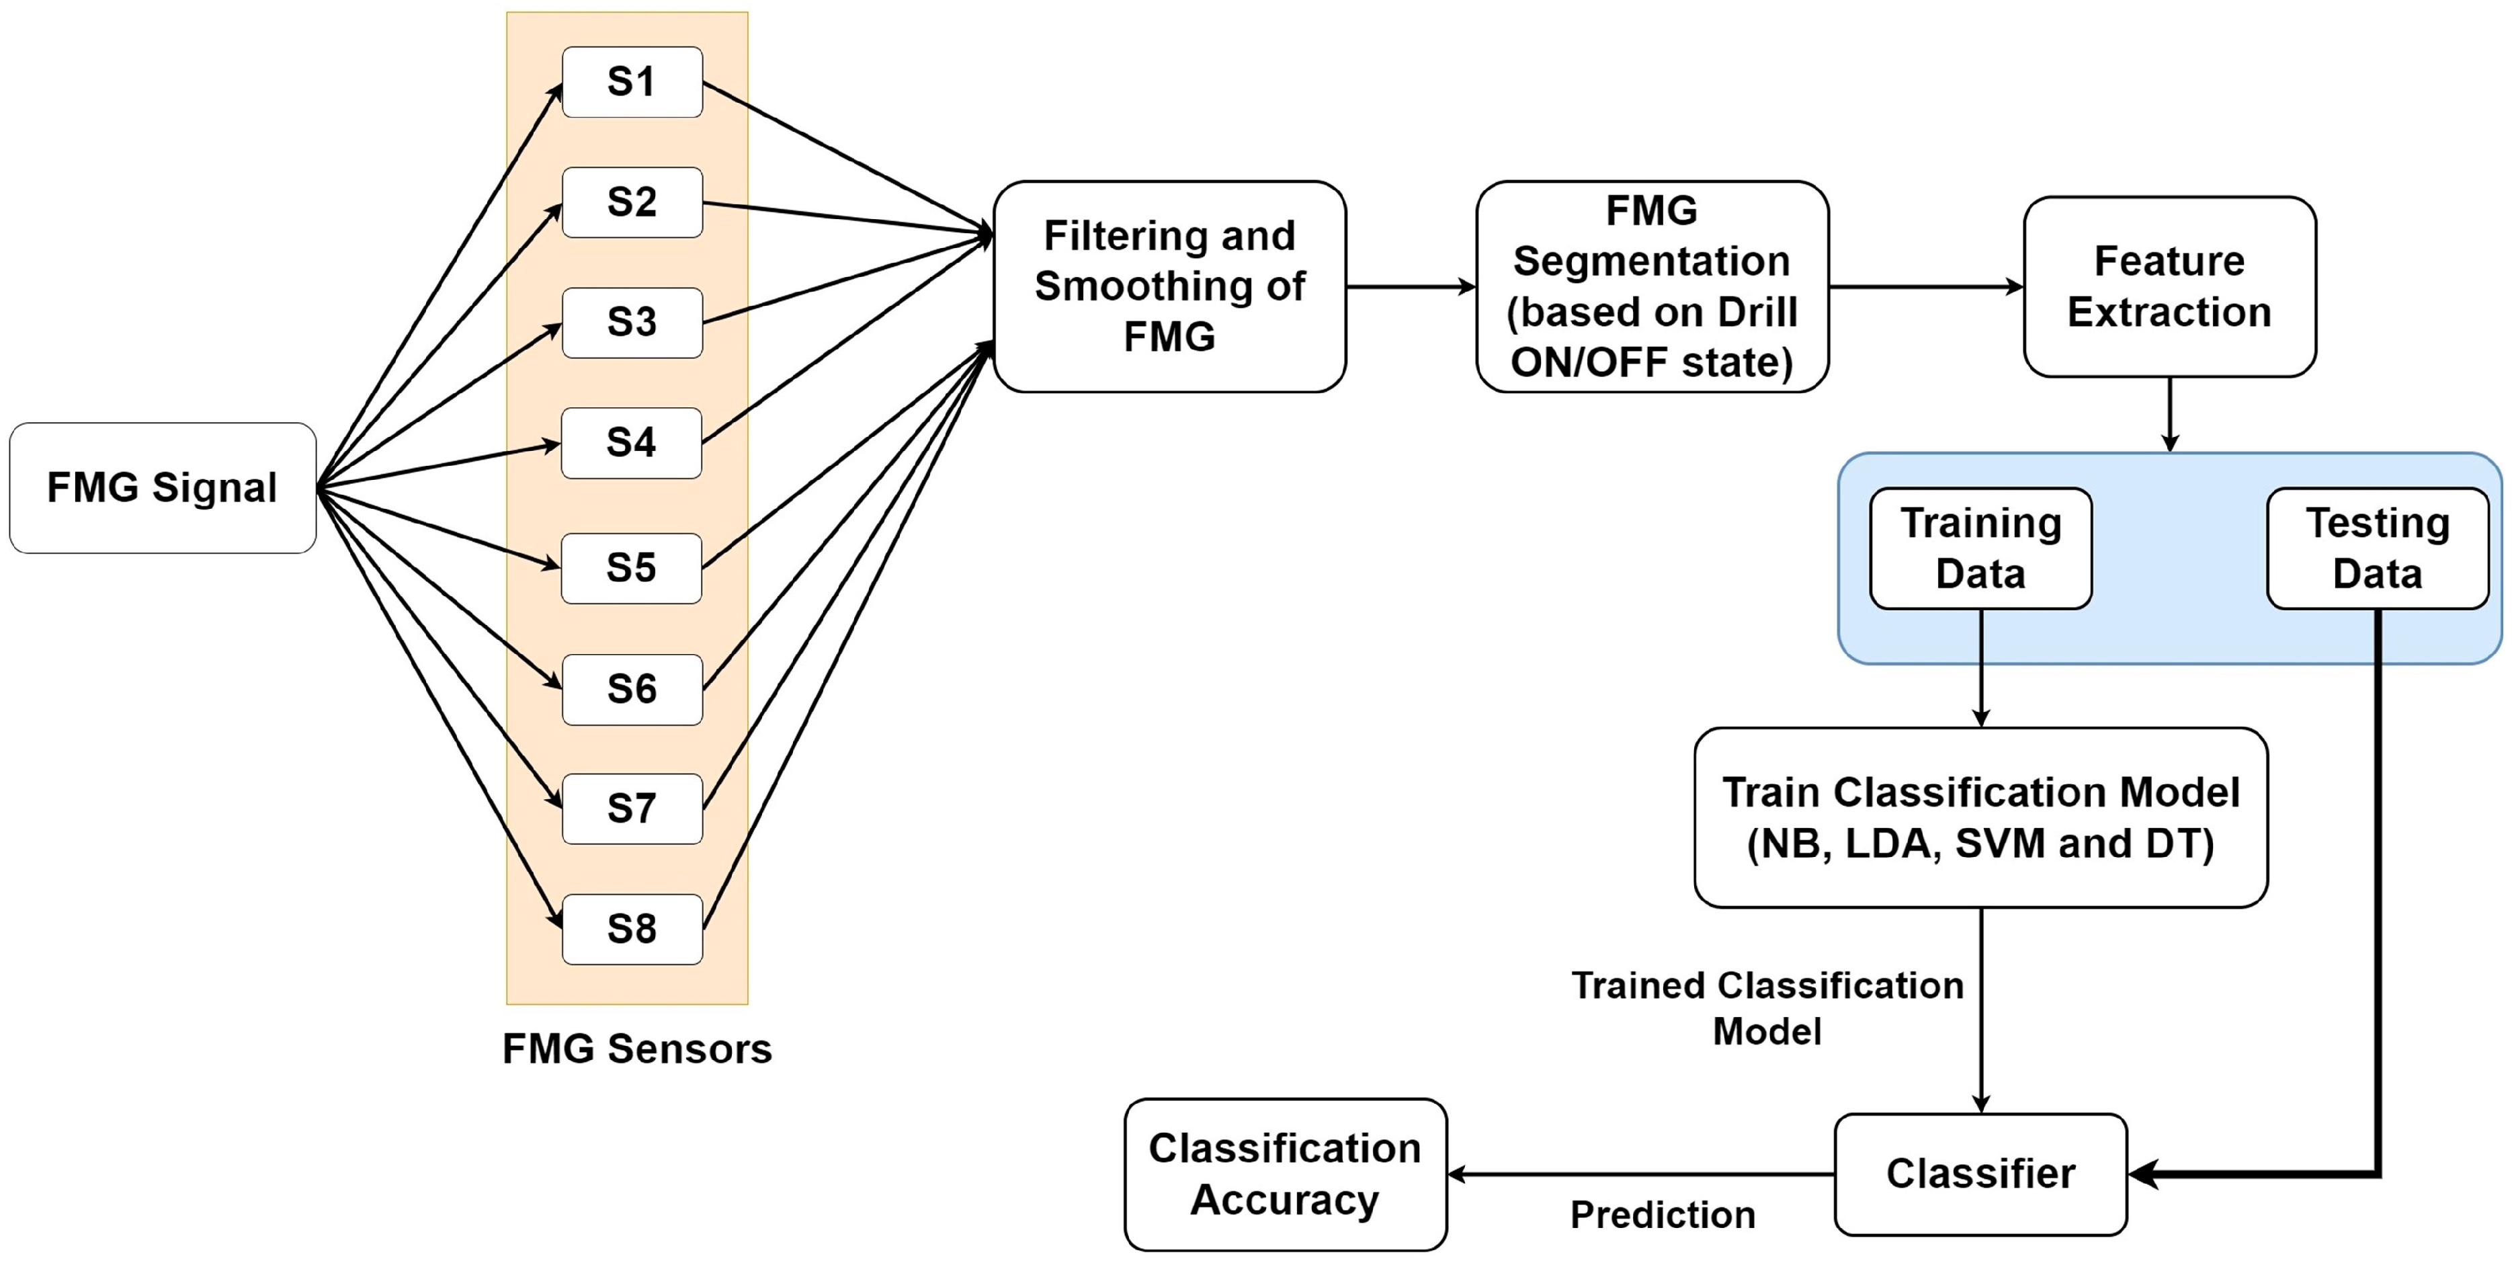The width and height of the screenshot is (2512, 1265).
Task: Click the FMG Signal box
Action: click(x=162, y=488)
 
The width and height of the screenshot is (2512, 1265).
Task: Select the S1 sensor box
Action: click(x=632, y=82)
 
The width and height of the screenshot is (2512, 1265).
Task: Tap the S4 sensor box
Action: click(x=632, y=443)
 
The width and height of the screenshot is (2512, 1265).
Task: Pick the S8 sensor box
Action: click(x=632, y=928)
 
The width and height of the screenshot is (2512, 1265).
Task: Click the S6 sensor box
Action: click(x=632, y=690)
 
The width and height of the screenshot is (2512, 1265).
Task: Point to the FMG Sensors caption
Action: click(x=637, y=1049)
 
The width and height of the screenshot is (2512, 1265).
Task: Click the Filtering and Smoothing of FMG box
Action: click(x=1169, y=287)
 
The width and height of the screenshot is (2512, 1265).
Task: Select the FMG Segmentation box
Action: click(x=1652, y=287)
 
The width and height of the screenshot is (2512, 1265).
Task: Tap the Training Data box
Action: click(x=1980, y=548)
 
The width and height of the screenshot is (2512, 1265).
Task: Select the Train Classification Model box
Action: click(x=1980, y=817)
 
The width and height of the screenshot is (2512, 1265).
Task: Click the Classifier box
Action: click(x=1980, y=1174)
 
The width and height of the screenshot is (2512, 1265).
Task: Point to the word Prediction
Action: click(x=1662, y=1215)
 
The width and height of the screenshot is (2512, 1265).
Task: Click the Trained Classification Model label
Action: click(x=1767, y=1008)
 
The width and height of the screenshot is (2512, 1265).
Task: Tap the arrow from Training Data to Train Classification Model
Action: click(x=1980, y=669)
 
